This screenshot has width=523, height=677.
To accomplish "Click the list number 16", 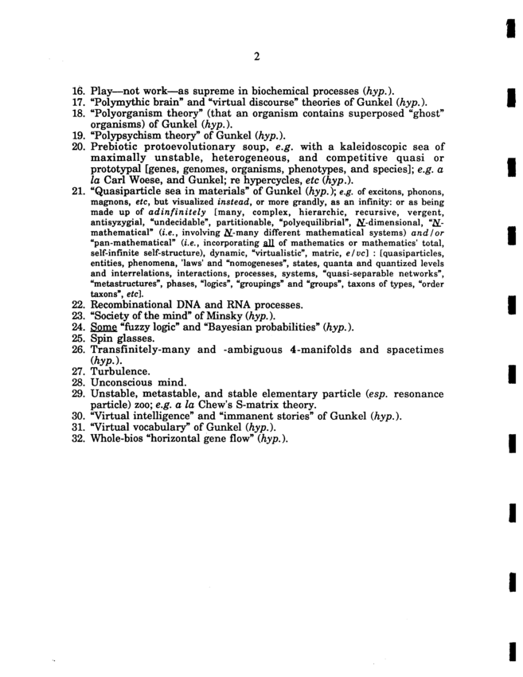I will tap(78, 92).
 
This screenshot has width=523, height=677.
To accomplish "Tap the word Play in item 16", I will tap(103, 92).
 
